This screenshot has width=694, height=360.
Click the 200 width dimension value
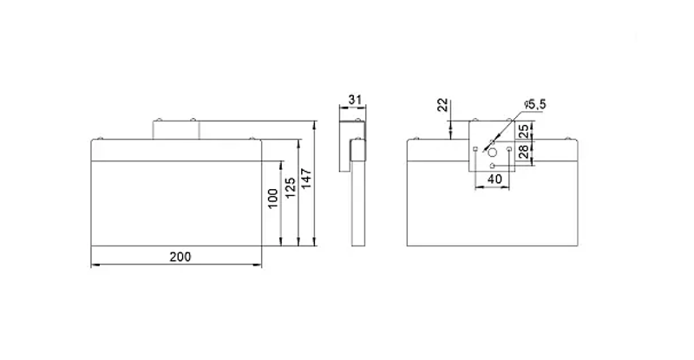click(180, 257)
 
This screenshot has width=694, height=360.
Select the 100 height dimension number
click(273, 198)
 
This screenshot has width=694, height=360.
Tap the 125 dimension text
click(290, 187)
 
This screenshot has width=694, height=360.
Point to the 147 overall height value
click(306, 179)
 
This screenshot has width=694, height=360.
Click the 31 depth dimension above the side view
click(355, 100)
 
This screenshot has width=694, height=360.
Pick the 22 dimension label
click(443, 106)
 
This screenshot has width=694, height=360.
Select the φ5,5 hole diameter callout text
click(534, 104)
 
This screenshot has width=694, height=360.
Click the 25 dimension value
click(524, 131)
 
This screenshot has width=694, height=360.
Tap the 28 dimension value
click(524, 152)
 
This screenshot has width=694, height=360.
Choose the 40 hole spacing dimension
click(494, 179)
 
